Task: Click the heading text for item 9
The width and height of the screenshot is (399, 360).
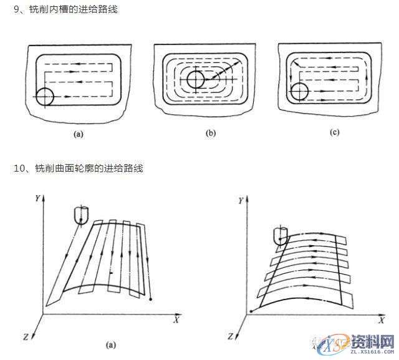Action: pos(65,10)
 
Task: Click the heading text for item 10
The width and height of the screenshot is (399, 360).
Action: pos(78,168)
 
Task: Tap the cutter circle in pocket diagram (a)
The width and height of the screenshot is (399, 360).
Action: pos(45,97)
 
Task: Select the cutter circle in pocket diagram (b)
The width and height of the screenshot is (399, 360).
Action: pos(195,80)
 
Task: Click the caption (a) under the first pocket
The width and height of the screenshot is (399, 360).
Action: pos(78,134)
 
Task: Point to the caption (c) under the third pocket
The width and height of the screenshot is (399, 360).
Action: pos(335,133)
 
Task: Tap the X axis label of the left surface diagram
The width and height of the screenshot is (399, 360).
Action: pos(176,319)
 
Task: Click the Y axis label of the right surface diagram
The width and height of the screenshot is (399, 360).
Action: pos(241,202)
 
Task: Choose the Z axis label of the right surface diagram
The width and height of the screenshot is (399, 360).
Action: pos(230,336)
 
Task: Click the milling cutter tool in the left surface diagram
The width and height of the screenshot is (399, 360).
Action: pos(80,215)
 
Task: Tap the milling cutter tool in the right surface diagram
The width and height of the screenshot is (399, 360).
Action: pos(280,236)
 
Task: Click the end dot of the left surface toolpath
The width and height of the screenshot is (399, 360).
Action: pos(151,301)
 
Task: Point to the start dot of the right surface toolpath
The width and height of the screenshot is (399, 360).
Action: pos(251,310)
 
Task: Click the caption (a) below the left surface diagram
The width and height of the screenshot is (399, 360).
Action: pos(110,344)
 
